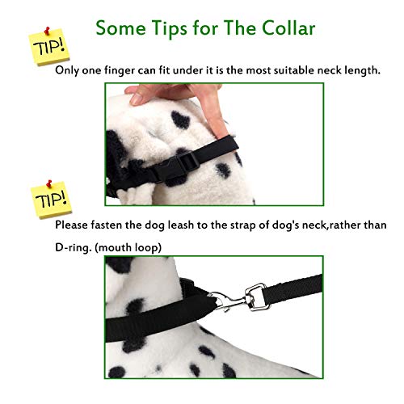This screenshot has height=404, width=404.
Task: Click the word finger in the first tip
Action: (x=126, y=70)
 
